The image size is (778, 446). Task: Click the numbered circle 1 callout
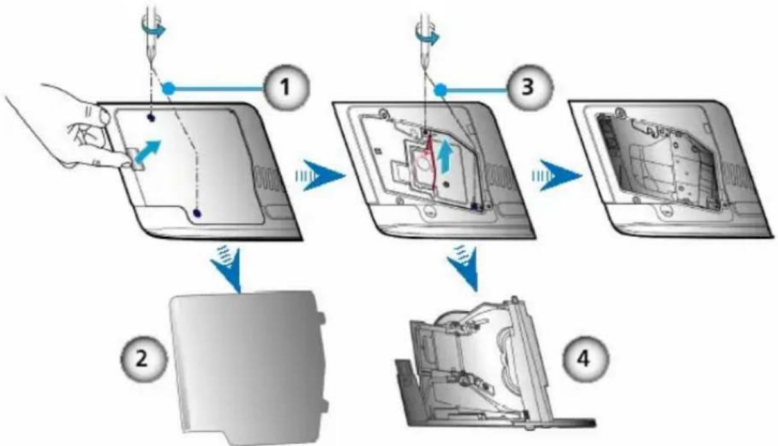click(x=286, y=87)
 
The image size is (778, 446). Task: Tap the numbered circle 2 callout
click(x=143, y=359)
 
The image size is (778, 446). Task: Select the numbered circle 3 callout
click(x=528, y=87)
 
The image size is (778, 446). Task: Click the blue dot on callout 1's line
click(x=169, y=89)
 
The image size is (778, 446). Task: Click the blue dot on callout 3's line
click(x=440, y=90)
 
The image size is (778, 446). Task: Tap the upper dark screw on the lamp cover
click(x=151, y=118)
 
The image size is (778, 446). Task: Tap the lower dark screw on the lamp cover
click(x=197, y=213)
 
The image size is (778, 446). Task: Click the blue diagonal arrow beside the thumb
click(x=147, y=152)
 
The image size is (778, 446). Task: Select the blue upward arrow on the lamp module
click(x=445, y=157)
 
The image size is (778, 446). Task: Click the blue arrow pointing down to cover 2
click(x=227, y=268)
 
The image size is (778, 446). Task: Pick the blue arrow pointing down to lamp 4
click(x=465, y=268)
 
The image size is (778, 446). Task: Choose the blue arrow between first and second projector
click(x=320, y=175)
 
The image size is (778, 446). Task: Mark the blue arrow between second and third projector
click(x=557, y=175)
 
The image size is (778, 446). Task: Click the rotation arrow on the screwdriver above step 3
click(x=428, y=33)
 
